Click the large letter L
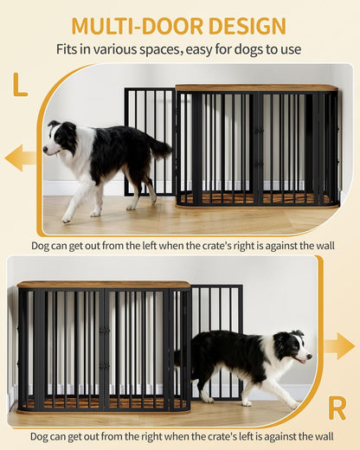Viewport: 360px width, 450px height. click(19, 85)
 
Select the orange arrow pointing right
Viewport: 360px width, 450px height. click(338, 345)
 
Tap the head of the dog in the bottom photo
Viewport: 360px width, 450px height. click(298, 346)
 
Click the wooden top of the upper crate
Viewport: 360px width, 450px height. click(256, 87)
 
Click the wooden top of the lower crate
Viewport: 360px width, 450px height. click(104, 284)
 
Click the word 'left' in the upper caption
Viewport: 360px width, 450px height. click(161, 245)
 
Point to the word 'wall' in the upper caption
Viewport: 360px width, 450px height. click(323, 245)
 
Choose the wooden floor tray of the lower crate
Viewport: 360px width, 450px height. click(104, 402)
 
